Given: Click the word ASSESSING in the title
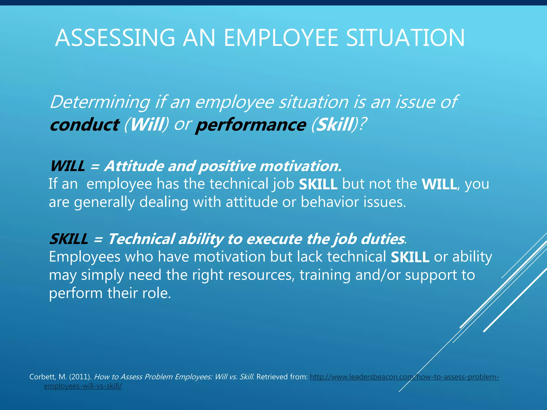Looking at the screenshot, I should point(115,38).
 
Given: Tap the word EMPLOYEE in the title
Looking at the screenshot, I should point(281,38).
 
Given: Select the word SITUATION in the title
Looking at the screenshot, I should point(405,38).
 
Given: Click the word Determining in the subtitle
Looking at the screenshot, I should point(100,102).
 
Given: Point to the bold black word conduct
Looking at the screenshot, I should point(84,125).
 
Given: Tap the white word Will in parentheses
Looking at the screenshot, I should point(147,125).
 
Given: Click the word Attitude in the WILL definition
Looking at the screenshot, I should point(134,166).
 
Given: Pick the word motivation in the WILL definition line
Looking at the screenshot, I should point(300,166).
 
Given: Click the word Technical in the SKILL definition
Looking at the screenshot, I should point(142,239).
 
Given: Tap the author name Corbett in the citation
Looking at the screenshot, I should point(42,377).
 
